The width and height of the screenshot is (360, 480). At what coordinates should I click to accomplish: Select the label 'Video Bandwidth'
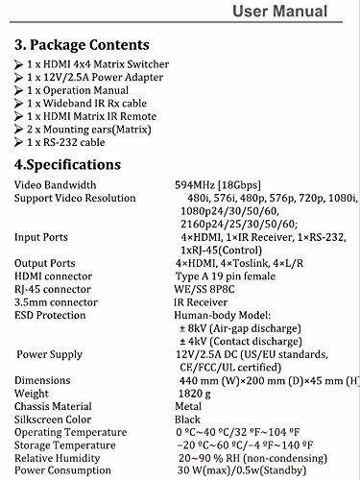click(x=57, y=184)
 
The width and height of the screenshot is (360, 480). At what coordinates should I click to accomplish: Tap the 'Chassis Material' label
click(x=57, y=405)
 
